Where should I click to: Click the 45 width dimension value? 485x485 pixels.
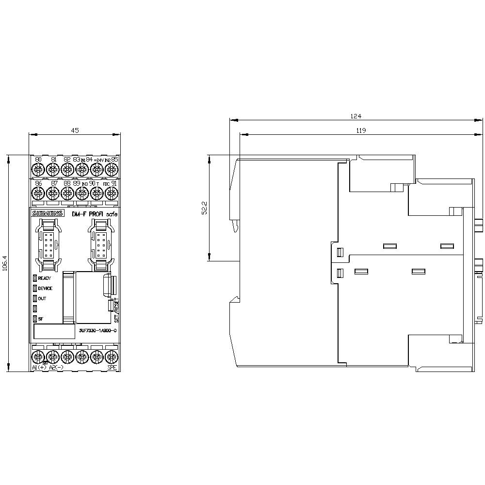click(x=74, y=130)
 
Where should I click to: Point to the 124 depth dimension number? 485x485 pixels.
click(x=356, y=116)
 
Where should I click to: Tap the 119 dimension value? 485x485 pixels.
click(x=360, y=130)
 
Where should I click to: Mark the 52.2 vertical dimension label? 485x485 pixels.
click(x=204, y=208)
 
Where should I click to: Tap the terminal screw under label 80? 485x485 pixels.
click(x=38, y=169)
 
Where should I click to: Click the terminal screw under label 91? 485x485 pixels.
click(x=112, y=194)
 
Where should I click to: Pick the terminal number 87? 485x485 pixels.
click(x=53, y=183)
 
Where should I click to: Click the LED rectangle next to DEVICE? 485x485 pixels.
click(x=35, y=288)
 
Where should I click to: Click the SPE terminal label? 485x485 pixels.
click(x=112, y=368)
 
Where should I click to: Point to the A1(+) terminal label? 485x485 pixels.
click(x=39, y=368)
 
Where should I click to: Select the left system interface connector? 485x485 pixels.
click(x=48, y=245)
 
